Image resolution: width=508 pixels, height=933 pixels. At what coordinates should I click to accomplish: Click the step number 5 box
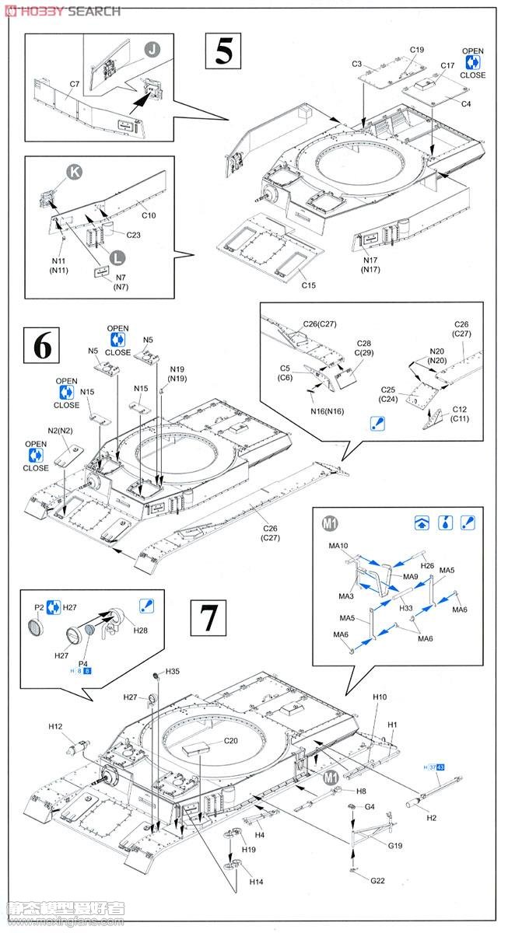click(x=223, y=51)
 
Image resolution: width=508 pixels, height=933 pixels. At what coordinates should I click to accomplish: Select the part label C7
click(x=75, y=84)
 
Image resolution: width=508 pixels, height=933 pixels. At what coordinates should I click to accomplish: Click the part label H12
click(x=55, y=726)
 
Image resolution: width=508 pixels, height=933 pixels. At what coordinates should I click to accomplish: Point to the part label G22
click(x=377, y=880)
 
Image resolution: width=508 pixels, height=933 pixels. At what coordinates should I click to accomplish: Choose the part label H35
click(x=173, y=671)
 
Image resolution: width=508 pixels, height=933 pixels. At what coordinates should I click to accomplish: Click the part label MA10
click(x=338, y=546)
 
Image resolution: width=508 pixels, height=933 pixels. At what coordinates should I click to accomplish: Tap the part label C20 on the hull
click(x=230, y=740)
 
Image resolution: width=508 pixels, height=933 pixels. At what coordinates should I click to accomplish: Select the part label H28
click(x=140, y=631)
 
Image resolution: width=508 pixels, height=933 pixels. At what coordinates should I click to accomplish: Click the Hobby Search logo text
click(x=62, y=10)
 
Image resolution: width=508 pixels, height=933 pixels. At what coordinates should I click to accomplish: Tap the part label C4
click(x=466, y=103)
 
